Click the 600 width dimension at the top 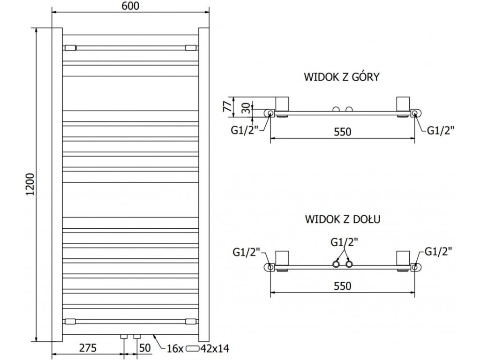(130, 6)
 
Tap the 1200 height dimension (30, 185)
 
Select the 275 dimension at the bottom (88, 348)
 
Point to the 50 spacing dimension (145, 348)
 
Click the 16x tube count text (175, 348)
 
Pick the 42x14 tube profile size (215, 348)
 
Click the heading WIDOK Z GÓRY (342, 76)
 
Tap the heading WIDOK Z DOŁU (343, 219)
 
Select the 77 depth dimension (227, 106)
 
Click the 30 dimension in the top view (246, 108)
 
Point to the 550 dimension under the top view (342, 132)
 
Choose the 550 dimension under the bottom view (342, 286)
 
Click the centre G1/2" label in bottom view (344, 242)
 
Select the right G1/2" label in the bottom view (438, 252)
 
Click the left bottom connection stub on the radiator (124, 337)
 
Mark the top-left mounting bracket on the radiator (70, 48)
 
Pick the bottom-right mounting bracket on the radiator (192, 322)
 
